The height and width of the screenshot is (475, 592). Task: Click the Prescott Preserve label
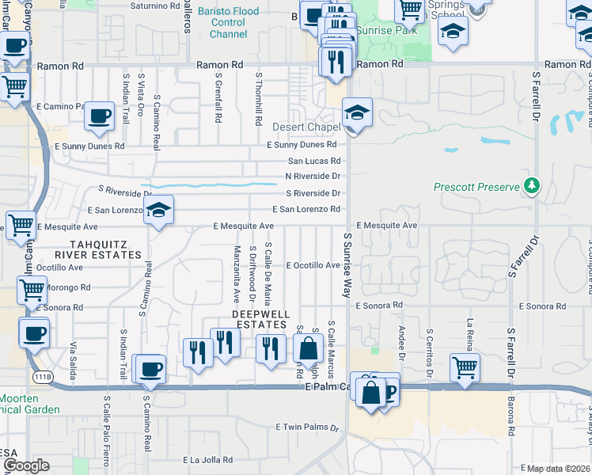pyautogui.click(x=476, y=187)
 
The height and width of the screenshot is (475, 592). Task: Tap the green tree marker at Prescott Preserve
pyautogui.click(x=533, y=186)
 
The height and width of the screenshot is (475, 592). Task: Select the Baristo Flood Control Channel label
pyautogui.click(x=229, y=22)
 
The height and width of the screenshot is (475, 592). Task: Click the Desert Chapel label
pyautogui.click(x=306, y=127)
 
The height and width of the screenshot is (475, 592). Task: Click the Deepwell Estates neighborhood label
pyautogui.click(x=259, y=319)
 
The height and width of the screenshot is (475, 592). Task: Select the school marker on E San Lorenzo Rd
pyautogui.click(x=158, y=210)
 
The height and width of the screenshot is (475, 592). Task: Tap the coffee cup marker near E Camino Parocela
pyautogui.click(x=100, y=116)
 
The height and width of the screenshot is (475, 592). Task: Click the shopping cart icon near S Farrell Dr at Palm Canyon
pyautogui.click(x=465, y=367)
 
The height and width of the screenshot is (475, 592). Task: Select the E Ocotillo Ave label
pyautogui.click(x=313, y=265)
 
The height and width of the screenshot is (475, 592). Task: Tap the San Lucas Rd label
pyautogui.click(x=313, y=161)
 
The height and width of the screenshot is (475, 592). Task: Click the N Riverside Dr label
pyautogui.click(x=313, y=176)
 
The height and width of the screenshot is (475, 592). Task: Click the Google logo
pyautogui.click(x=26, y=465)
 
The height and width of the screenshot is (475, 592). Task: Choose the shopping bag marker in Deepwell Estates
pyautogui.click(x=308, y=348)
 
